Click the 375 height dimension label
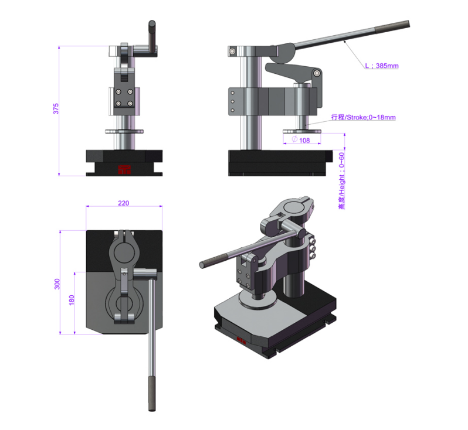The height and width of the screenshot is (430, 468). click(x=56, y=108)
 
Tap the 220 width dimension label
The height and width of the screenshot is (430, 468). click(x=124, y=203)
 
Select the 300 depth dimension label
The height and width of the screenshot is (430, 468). click(x=57, y=284)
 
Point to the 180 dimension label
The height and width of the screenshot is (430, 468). click(x=72, y=300)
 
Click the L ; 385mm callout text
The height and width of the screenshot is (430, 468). click(x=382, y=66)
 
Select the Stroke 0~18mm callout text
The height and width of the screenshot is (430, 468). click(x=363, y=117)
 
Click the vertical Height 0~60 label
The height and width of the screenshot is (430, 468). click(x=342, y=180)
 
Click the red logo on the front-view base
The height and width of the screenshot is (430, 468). click(x=124, y=169)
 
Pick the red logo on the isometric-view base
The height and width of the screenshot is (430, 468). click(x=241, y=340)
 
